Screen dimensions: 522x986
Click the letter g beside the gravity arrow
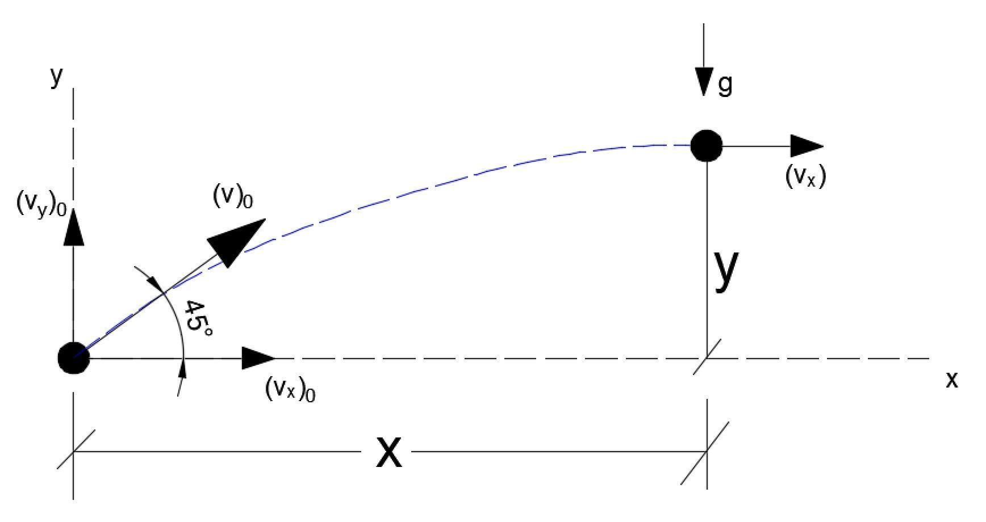(x=725, y=85)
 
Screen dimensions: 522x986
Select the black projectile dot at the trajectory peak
(x=707, y=146)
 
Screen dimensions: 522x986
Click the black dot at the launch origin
(x=74, y=358)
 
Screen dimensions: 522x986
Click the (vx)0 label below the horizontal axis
(x=290, y=390)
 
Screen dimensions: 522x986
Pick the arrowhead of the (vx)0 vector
(x=258, y=358)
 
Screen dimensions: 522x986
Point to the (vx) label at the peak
(x=805, y=176)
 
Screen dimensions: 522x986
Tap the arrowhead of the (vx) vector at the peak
(x=807, y=146)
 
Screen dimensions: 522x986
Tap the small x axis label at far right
(x=951, y=380)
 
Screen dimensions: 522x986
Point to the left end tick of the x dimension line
(x=74, y=452)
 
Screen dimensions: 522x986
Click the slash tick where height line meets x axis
(x=707, y=357)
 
